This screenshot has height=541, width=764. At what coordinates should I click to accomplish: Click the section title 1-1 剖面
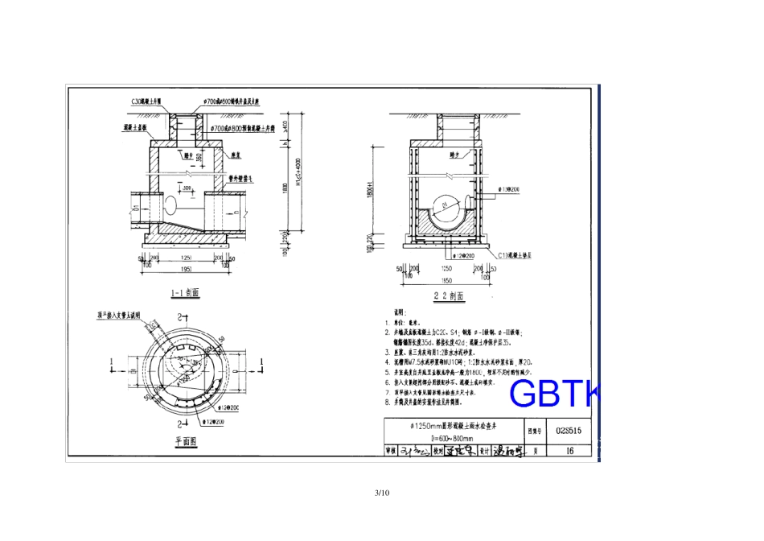tap(186, 293)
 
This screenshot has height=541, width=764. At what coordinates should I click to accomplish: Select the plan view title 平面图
tap(187, 441)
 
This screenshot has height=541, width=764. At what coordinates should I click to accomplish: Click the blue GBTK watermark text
tap(554, 394)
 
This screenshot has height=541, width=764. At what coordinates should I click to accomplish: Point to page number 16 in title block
tap(569, 452)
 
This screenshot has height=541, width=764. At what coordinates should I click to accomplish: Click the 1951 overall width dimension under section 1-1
tap(186, 269)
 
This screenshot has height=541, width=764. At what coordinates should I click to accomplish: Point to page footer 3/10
tap(382, 493)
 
